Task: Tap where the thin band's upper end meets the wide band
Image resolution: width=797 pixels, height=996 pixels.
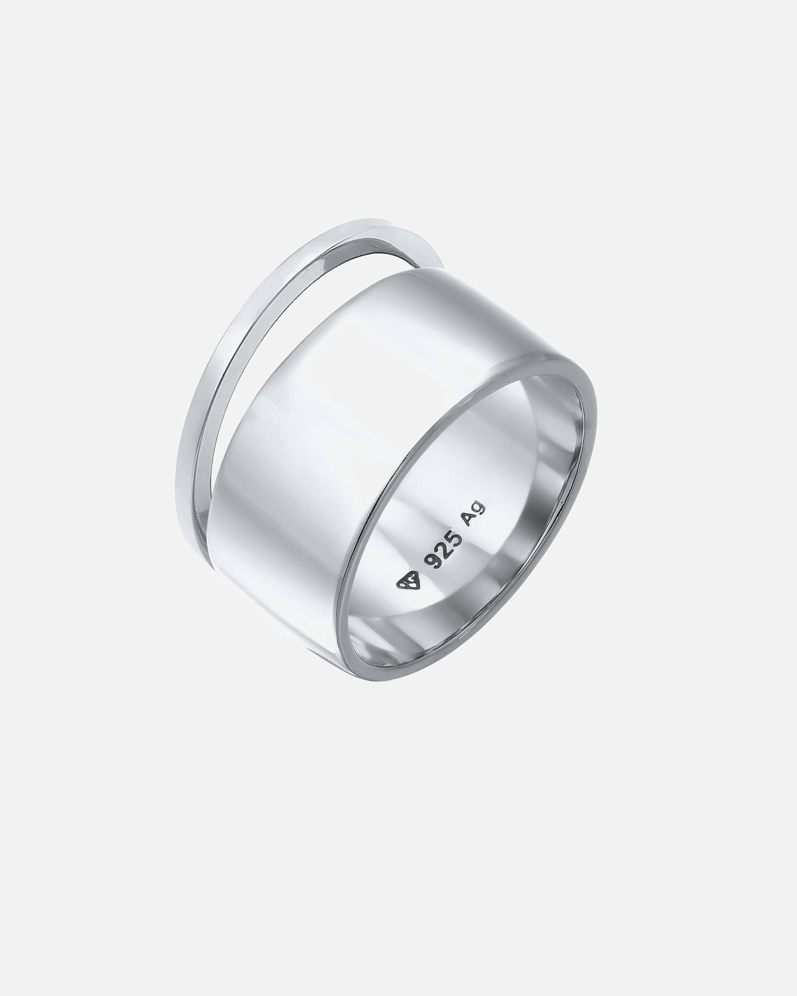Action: pyautogui.click(x=432, y=268)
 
